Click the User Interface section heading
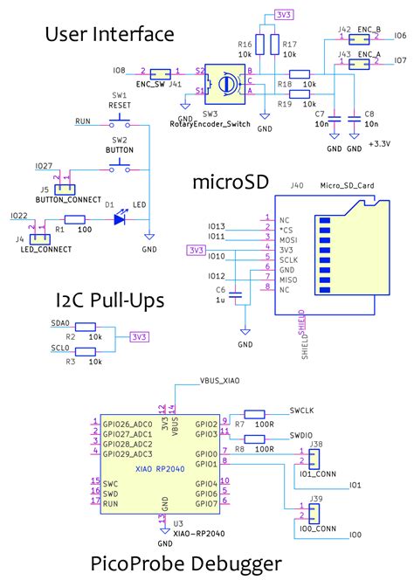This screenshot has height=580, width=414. point(109,35)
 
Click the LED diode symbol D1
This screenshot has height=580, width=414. point(119,219)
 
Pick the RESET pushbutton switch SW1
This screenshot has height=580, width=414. point(119,121)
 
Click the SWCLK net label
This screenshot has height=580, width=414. point(301,409)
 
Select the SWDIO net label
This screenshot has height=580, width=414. point(301,434)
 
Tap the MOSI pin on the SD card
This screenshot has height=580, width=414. point(285,238)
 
